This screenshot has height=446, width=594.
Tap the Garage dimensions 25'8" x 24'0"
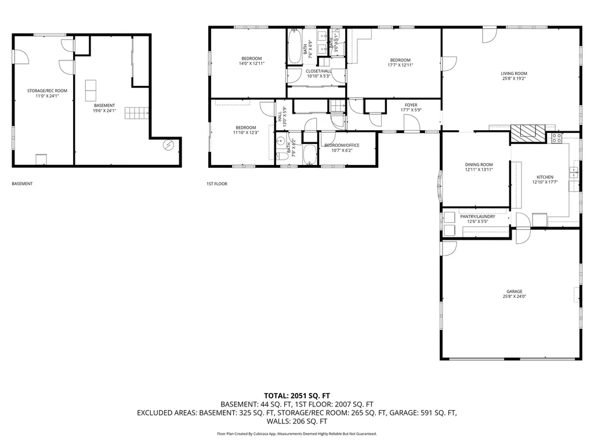[x=514, y=297]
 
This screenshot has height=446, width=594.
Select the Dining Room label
[x=479, y=165]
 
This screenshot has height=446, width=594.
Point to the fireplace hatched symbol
[x=528, y=133]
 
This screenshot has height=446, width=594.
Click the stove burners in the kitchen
[x=556, y=138]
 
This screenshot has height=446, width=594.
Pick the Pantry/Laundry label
[x=477, y=217]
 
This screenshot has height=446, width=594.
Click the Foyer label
[x=411, y=105]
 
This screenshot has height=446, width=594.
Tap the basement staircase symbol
[x=139, y=113]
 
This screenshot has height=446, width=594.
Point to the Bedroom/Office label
[x=342, y=145]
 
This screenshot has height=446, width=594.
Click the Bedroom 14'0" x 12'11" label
[x=252, y=58]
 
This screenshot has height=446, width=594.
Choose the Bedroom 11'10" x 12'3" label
[x=245, y=128]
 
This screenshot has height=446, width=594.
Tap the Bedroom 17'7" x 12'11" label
[x=400, y=60]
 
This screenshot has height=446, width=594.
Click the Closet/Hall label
[x=318, y=71]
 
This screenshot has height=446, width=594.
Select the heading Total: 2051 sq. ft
[x=297, y=394]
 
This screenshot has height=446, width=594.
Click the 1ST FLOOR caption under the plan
[x=216, y=184]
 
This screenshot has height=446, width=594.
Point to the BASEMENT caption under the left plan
[x=22, y=184]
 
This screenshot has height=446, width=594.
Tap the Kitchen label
[x=545, y=177]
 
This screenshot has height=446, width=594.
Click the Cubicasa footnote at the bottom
[x=297, y=434]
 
